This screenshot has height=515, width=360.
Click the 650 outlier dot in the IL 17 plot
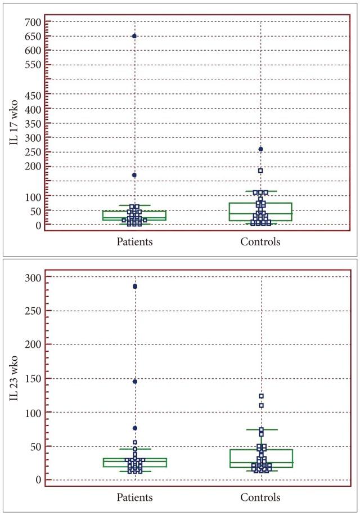(134, 36)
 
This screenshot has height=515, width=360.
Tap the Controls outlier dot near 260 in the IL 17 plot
(261, 149)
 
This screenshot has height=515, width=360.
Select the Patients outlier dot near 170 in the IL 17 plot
(134, 175)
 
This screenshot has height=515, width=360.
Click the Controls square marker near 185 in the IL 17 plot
(261, 171)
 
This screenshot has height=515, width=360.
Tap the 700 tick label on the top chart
(34, 22)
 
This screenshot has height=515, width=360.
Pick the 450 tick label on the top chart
(34, 94)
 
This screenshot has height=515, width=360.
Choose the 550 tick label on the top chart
(34, 65)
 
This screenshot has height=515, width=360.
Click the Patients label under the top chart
(135, 242)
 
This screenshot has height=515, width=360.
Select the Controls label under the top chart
(260, 242)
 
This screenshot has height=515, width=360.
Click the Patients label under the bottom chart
(135, 498)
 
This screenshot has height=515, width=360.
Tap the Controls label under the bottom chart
(260, 498)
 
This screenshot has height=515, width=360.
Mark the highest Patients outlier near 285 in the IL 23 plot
(135, 286)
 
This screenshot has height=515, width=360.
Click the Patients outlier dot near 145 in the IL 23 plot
(135, 382)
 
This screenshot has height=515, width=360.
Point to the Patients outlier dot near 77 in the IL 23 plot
(135, 428)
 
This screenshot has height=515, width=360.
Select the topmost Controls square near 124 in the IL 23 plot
(262, 396)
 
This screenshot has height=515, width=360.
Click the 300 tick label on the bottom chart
(34, 277)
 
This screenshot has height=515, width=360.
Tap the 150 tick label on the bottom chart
(34, 379)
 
